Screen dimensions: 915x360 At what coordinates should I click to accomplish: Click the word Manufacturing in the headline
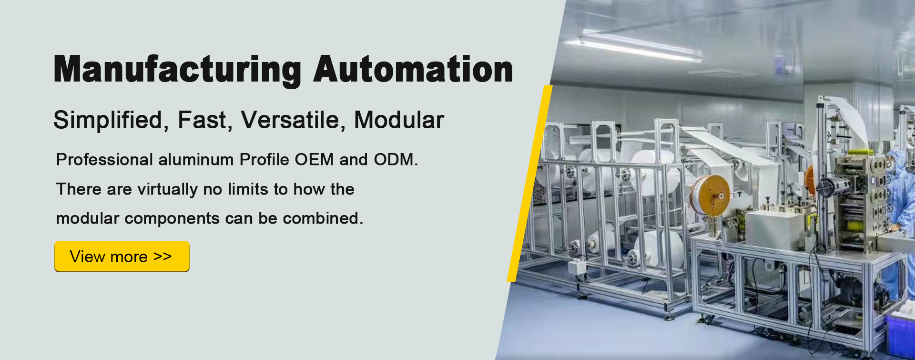(x=177, y=70)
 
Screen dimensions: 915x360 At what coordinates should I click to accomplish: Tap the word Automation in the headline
(x=413, y=69)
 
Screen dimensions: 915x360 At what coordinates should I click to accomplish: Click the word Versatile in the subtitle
(x=291, y=120)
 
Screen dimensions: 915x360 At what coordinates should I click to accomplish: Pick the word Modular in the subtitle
(x=399, y=120)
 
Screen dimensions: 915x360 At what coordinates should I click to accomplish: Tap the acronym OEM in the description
(x=314, y=159)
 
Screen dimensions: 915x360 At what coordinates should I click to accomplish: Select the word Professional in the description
(x=104, y=159)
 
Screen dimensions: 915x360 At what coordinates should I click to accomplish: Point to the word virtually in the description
(x=167, y=190)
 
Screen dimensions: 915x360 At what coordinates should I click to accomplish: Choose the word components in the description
(x=172, y=219)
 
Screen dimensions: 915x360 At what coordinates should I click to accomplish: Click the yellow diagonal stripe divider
(x=529, y=184)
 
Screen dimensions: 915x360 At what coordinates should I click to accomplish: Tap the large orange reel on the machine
(x=710, y=195)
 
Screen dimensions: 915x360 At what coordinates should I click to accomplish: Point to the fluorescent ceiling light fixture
(x=634, y=46)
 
